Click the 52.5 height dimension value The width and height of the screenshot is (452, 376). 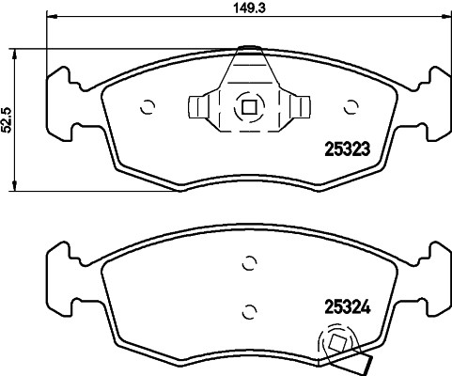coord(8,120)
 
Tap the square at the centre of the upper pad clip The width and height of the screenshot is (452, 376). coord(248,106)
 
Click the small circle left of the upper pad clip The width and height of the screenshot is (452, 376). coord(147,106)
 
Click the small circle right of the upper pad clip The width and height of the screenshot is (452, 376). coord(352,106)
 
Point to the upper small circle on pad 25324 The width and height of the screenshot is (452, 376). coord(248,263)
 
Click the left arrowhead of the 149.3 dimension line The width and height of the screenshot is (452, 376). coord(50,18)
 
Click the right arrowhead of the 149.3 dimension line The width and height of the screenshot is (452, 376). coord(446,18)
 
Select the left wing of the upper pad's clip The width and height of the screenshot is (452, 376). coord(200,106)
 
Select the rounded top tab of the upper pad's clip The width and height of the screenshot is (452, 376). coord(249,49)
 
